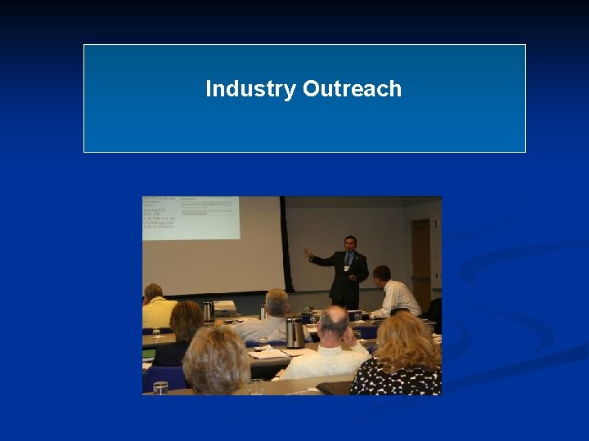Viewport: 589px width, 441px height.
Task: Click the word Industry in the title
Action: click(x=250, y=89)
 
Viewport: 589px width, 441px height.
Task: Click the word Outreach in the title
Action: click(x=352, y=89)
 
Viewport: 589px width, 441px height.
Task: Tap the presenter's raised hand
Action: click(x=308, y=253)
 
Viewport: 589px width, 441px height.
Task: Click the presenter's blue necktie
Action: click(x=348, y=261)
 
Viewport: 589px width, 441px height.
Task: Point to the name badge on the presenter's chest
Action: click(x=346, y=267)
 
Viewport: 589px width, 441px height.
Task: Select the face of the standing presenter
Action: click(x=349, y=243)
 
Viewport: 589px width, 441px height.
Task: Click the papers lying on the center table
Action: click(x=270, y=352)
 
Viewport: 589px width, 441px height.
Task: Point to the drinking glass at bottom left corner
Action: click(x=160, y=387)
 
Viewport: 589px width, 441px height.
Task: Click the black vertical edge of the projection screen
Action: click(x=285, y=245)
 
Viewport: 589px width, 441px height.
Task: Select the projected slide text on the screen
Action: click(x=191, y=216)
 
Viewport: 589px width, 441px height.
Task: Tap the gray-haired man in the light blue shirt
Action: click(x=273, y=318)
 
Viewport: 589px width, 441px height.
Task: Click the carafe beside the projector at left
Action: click(x=208, y=310)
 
